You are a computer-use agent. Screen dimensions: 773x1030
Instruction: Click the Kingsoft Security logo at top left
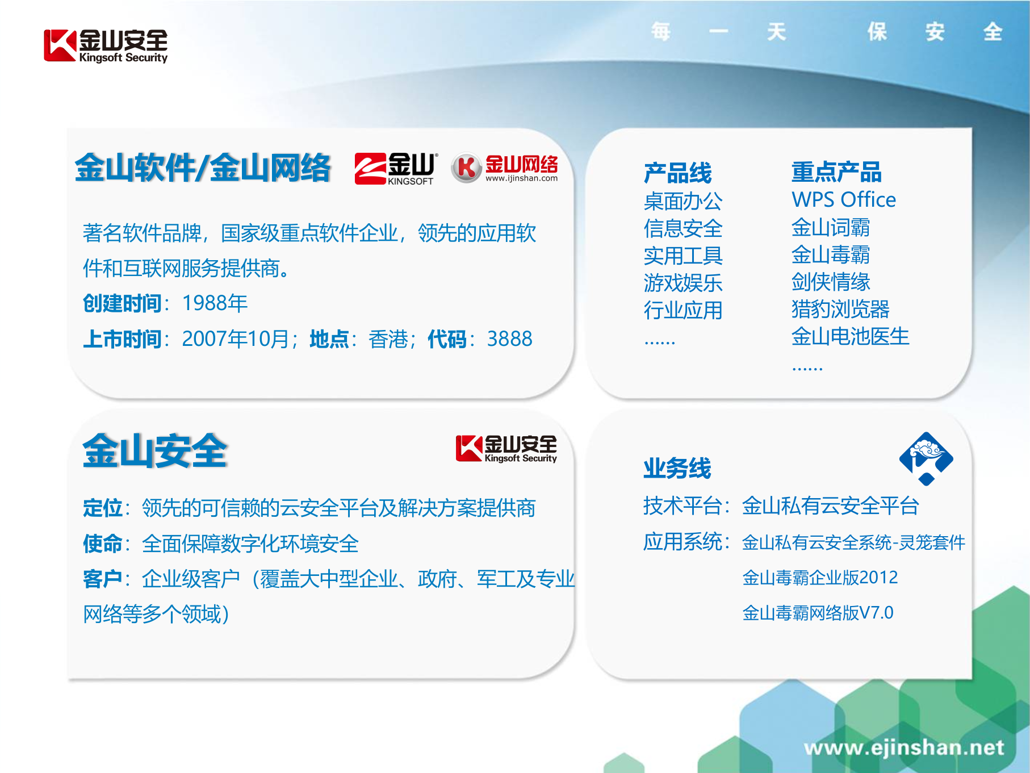click(106, 45)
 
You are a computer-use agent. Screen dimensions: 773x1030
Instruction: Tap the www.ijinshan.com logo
click(504, 169)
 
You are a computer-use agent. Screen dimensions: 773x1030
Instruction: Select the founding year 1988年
click(215, 303)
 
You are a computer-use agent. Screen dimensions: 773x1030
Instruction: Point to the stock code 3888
click(509, 339)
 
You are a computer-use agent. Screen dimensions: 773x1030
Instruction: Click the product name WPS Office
click(843, 200)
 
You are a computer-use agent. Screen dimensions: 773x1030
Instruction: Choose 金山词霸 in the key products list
click(830, 227)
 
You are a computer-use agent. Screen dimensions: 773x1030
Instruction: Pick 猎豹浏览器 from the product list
click(840, 310)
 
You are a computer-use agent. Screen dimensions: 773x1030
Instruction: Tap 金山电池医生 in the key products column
click(850, 337)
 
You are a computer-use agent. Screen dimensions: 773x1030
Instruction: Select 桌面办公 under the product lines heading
click(683, 201)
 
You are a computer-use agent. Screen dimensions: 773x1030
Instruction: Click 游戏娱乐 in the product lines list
click(683, 283)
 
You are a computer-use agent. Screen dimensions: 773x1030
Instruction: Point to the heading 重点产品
click(836, 172)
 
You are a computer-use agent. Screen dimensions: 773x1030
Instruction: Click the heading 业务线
click(677, 469)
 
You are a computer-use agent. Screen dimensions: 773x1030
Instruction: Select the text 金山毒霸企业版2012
click(819, 578)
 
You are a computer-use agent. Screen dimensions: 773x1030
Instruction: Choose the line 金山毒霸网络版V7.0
click(817, 613)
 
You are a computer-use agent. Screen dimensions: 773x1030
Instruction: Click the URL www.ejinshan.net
click(903, 747)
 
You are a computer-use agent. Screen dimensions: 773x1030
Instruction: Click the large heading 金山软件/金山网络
click(203, 168)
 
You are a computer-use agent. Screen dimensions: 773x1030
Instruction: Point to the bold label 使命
click(103, 544)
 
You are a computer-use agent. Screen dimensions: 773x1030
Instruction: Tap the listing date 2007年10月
click(236, 339)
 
